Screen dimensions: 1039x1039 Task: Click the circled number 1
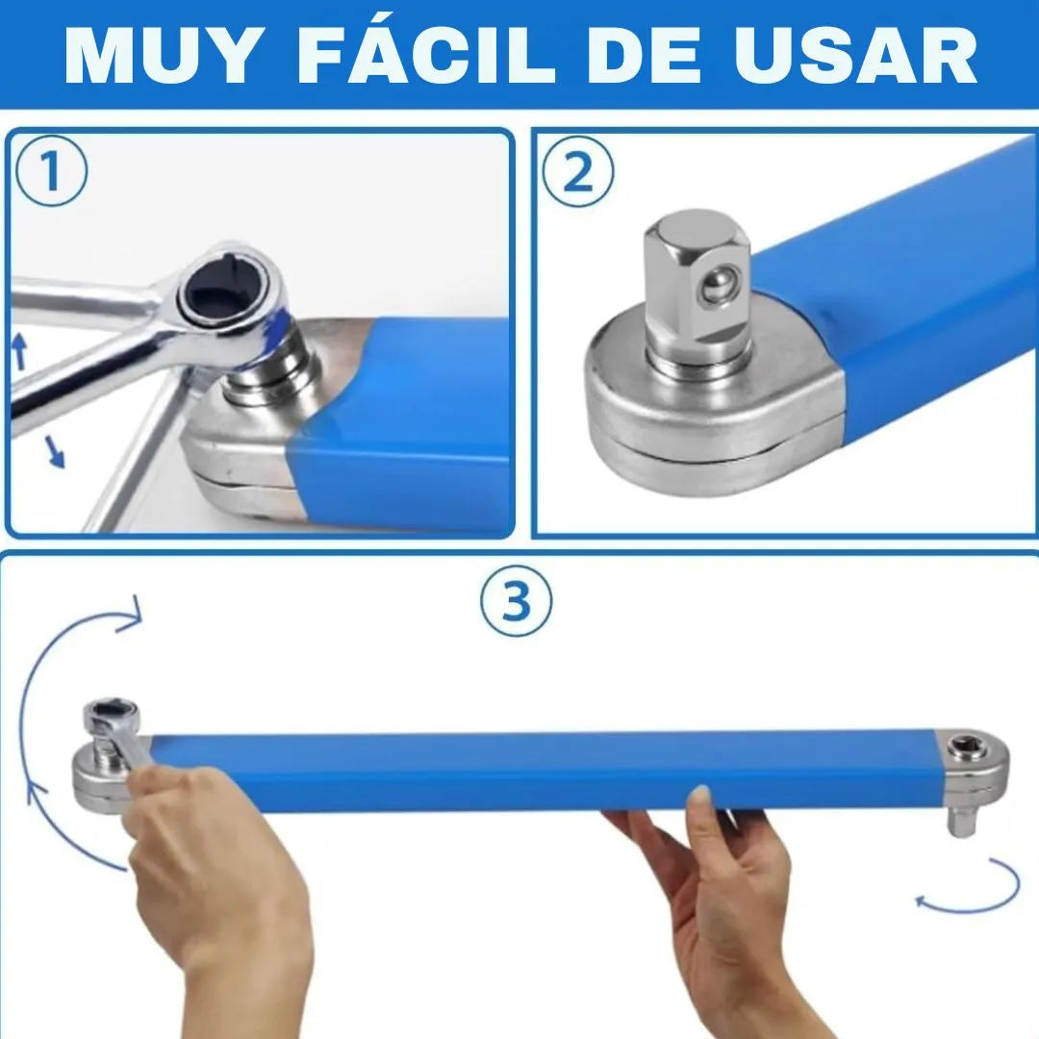(x=51, y=170)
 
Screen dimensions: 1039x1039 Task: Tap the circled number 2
(x=578, y=171)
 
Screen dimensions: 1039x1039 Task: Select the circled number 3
(x=516, y=601)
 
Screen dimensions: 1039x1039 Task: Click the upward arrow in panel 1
(x=20, y=350)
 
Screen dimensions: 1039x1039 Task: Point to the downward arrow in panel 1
(x=55, y=452)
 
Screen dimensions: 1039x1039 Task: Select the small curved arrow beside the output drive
(x=971, y=888)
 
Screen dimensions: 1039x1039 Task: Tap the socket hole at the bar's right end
(x=960, y=749)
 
